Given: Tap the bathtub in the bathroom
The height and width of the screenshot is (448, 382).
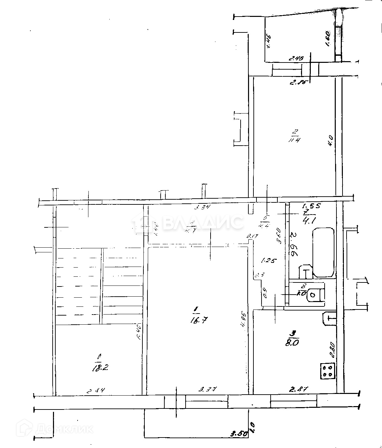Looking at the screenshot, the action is click(323, 253).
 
